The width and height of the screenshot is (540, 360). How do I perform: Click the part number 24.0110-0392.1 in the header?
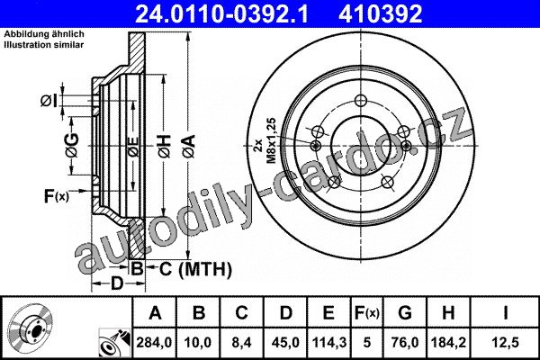(x=221, y=14)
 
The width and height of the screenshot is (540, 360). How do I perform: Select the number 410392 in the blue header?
(x=380, y=14)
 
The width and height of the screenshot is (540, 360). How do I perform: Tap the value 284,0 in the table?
(x=154, y=342)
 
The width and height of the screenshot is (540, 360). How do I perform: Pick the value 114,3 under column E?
(x=328, y=342)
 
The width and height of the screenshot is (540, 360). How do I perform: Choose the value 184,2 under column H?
(x=448, y=342)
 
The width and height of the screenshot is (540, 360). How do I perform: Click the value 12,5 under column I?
(x=506, y=342)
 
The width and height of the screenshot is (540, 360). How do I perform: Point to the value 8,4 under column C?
(x=241, y=342)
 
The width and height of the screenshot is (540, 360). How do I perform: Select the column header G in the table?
(x=405, y=313)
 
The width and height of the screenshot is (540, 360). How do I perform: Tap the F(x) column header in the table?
(x=367, y=313)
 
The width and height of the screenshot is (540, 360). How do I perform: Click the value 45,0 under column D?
(x=285, y=342)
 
